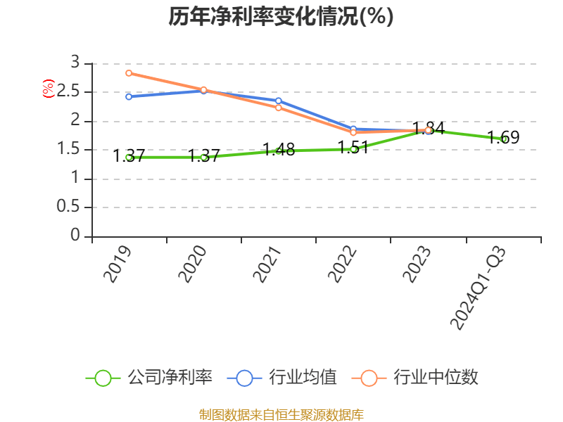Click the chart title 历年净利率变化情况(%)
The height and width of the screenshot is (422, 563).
[281, 17]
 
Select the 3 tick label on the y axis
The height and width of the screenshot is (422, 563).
[76, 63]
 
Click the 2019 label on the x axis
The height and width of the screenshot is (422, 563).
[118, 264]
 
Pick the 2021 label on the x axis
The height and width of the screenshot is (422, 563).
[267, 264]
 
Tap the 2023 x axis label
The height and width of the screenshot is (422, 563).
[417, 264]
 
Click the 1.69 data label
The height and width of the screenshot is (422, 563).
[504, 138]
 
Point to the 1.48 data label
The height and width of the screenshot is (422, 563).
[279, 150]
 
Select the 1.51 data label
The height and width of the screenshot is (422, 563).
[353, 148]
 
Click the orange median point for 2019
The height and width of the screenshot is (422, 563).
[129, 73]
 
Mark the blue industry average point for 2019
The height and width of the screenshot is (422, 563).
[129, 96]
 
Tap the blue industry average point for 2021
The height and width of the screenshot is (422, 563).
[278, 101]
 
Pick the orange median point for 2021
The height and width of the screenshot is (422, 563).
[278, 108]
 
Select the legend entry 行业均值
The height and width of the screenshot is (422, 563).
[282, 378]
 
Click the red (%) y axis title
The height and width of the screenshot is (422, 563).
[47, 89]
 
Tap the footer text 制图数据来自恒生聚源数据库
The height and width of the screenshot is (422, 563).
[281, 414]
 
